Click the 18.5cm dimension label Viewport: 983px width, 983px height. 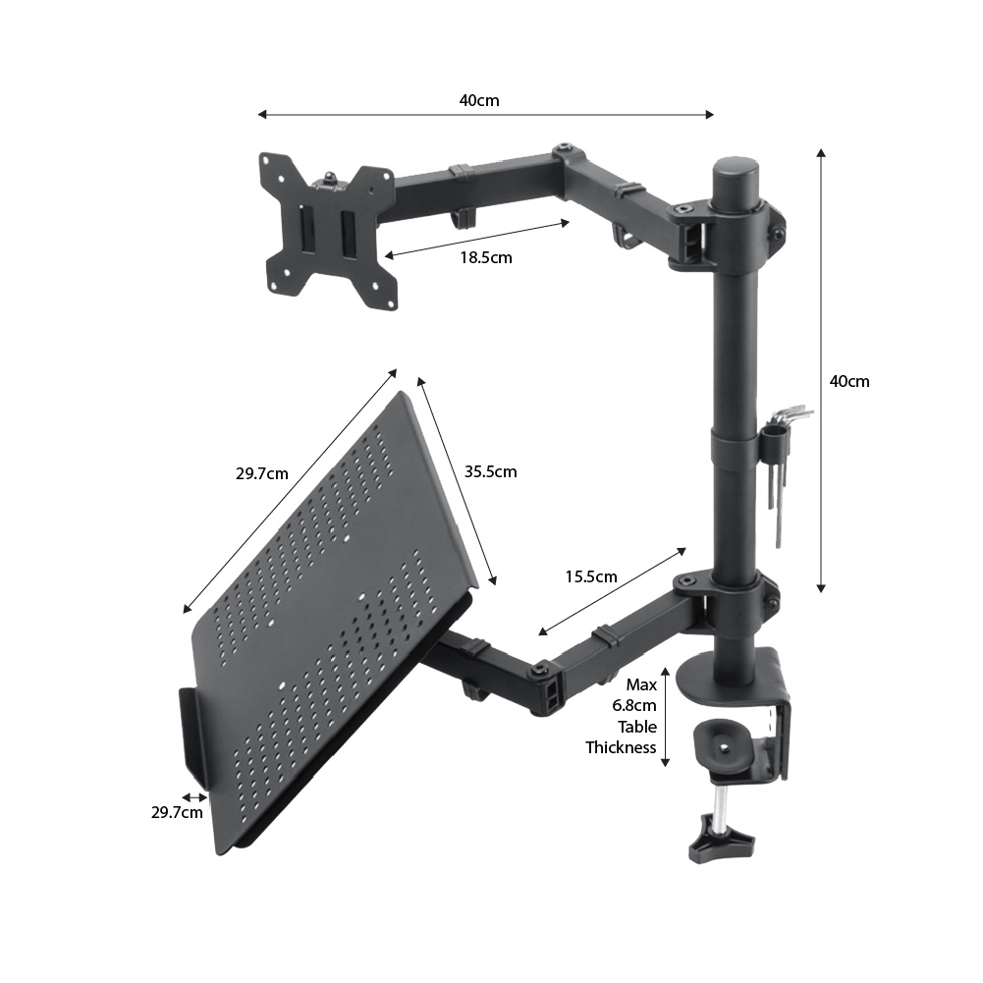tap(486, 257)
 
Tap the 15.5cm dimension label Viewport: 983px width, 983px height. tap(591, 576)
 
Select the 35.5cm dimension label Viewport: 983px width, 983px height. tap(490, 471)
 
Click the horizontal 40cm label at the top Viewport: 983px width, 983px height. tap(479, 100)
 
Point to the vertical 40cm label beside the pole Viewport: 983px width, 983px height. tap(849, 381)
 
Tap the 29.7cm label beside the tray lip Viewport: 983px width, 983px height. tap(177, 812)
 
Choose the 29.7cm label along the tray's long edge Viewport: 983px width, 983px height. tap(262, 473)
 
